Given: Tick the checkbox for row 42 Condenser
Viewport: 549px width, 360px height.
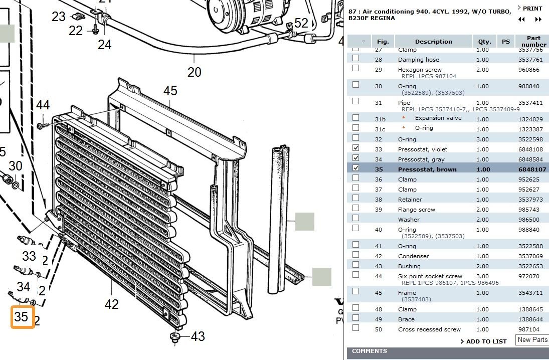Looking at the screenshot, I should [x=355, y=255].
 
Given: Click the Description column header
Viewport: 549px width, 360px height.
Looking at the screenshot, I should [x=433, y=42].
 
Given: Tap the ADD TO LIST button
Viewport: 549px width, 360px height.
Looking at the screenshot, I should [x=486, y=341].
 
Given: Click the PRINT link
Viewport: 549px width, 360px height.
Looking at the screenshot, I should [x=532, y=9].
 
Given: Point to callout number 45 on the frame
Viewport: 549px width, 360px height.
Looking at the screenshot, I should [x=170, y=91].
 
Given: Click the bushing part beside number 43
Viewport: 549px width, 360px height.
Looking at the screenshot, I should [x=175, y=336].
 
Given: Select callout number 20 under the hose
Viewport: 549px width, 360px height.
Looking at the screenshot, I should [x=194, y=72].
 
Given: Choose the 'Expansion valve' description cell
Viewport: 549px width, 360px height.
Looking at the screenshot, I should [x=438, y=118].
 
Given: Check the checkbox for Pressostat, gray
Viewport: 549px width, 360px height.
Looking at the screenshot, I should [x=355, y=158].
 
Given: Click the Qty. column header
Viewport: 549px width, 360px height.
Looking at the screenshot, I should [x=484, y=42].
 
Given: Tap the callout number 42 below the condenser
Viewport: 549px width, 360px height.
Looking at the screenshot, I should [x=111, y=304].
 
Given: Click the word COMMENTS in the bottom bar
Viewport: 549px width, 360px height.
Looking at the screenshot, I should [x=370, y=351].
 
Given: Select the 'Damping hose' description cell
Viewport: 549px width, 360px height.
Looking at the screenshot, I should [x=418, y=60].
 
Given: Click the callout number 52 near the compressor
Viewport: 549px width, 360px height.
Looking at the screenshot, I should [x=301, y=23].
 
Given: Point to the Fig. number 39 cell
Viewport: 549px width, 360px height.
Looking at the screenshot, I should [x=378, y=210].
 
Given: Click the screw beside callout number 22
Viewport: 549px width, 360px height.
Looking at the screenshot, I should [x=95, y=31].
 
